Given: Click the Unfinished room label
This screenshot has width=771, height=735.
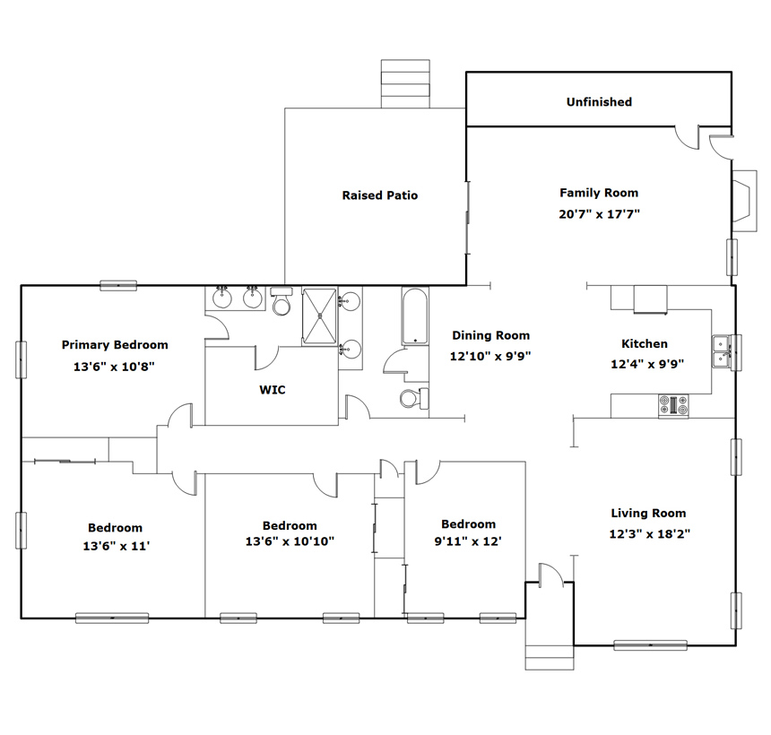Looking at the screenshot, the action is (x=599, y=102).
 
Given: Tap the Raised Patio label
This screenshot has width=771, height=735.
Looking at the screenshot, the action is (x=380, y=195).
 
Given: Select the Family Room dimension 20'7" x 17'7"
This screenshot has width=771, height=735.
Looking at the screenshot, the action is (x=599, y=214).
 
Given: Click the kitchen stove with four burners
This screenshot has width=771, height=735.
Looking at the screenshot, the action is (x=673, y=406).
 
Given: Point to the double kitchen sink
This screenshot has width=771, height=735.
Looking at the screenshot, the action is (x=722, y=351).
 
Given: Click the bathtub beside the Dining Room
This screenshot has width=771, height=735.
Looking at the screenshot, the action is (x=415, y=316).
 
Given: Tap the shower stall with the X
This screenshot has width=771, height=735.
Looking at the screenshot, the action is (x=320, y=316).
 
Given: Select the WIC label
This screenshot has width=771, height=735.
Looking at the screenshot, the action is (x=273, y=390).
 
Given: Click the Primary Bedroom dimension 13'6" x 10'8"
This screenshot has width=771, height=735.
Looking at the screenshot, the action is (x=114, y=367).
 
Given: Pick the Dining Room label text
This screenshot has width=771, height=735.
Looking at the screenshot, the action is (x=490, y=335).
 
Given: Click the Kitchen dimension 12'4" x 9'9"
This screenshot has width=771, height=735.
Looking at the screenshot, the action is (x=647, y=364).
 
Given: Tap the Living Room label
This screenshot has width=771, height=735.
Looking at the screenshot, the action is (x=648, y=513).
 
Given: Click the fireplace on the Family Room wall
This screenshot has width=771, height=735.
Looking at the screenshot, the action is (x=744, y=201).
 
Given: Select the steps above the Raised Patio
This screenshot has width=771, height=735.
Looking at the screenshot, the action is (x=405, y=83).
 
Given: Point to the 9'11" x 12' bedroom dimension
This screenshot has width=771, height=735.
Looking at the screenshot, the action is (x=468, y=541).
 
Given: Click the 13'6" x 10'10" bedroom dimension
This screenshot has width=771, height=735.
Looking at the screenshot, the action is (x=290, y=541).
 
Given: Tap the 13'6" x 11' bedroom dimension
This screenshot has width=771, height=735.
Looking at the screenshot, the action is (x=116, y=546).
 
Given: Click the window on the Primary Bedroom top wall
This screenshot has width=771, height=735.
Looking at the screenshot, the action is (x=118, y=285).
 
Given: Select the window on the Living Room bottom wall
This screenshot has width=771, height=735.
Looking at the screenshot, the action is (x=651, y=645).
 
